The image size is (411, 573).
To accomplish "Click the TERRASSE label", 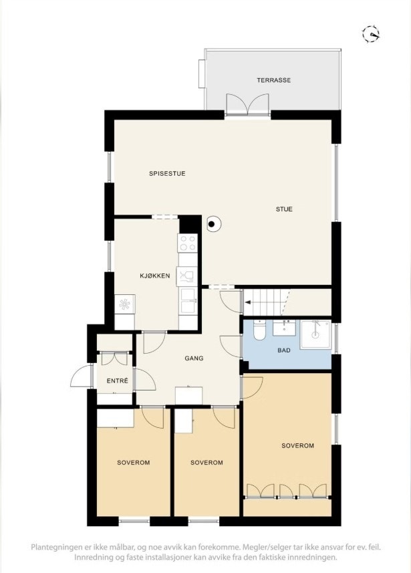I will tap(274, 80).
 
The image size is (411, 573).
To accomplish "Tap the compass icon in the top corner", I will tap(371, 33).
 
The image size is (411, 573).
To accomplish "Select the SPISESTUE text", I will tap(167, 174).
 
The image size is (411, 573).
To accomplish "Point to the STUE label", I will tap(285, 209).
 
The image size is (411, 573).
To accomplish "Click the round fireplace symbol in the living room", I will tap(213, 225).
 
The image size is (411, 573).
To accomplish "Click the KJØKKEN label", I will tap(154, 275).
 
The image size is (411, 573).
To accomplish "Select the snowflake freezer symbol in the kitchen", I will tap(125, 304).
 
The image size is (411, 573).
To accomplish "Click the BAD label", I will tap(285, 350).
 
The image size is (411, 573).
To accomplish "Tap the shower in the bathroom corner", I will tap(315, 334).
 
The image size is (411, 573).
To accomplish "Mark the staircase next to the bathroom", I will tap(267, 302).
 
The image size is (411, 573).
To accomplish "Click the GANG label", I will tap(194, 358).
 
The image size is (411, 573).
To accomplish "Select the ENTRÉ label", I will tap(117, 381).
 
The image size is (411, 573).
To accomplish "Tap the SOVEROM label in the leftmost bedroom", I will tap(133, 463).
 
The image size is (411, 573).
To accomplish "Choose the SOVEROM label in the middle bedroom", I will tap(207, 463).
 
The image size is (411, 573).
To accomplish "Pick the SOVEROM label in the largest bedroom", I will tap(297, 445).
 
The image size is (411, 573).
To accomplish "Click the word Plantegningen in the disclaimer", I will tap(58, 547).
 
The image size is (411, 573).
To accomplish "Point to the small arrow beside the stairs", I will tap(247, 302).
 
